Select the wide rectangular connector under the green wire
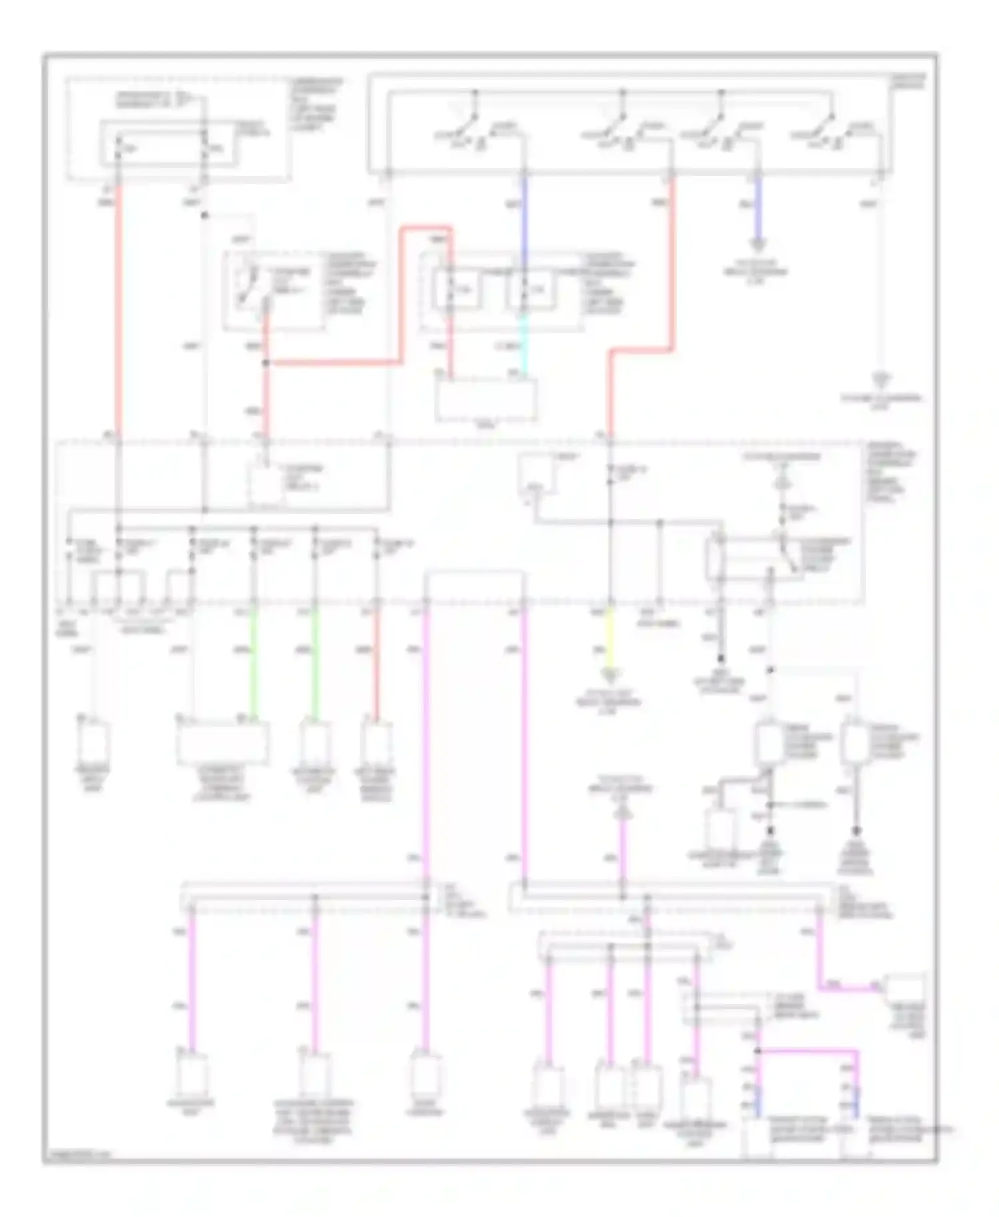(223, 742)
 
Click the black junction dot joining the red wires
(266, 363)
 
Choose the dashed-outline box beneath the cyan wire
(486, 399)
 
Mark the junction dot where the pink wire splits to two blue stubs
(757, 1051)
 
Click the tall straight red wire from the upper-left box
(119, 306)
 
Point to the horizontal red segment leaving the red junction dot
(333, 363)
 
